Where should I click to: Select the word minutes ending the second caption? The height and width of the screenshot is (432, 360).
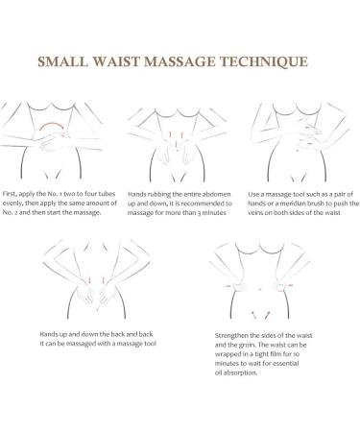228,215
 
